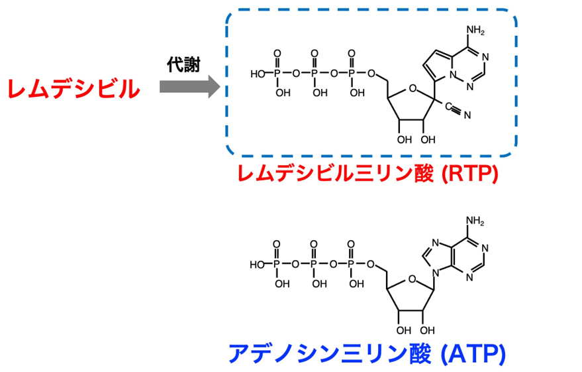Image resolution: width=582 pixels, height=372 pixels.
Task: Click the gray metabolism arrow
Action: click(190, 87)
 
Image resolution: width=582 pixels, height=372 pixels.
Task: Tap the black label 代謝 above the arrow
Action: click(183, 65)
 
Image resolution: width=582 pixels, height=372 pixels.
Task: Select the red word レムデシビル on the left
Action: click(73, 90)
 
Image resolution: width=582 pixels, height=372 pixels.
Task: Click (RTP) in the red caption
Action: click(470, 173)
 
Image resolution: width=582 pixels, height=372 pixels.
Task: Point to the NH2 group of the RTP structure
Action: click(475, 31)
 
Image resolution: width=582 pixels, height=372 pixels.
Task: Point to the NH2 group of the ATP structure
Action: click(475, 221)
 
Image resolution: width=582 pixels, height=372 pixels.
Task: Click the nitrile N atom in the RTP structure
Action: click(467, 115)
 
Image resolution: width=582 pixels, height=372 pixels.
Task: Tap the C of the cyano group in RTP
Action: click(448, 107)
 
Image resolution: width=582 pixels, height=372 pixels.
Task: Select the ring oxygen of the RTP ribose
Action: click(412, 88)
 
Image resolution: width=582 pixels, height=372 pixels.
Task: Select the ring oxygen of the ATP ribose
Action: click(412, 279)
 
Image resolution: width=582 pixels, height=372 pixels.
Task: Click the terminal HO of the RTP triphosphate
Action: click(258, 74)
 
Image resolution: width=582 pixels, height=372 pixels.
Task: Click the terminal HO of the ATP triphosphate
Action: click(257, 265)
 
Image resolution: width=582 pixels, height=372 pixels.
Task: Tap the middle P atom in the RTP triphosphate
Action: click(315, 74)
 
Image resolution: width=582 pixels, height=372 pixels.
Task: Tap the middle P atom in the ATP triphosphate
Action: click(314, 264)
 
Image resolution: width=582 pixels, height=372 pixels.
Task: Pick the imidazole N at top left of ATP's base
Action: click(436, 243)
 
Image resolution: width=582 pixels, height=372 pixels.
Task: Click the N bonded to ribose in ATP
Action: click(436, 274)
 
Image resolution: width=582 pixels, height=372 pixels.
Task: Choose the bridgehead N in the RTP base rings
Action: click(452, 74)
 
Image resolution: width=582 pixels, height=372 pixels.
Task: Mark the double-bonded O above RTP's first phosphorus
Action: click(277, 54)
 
